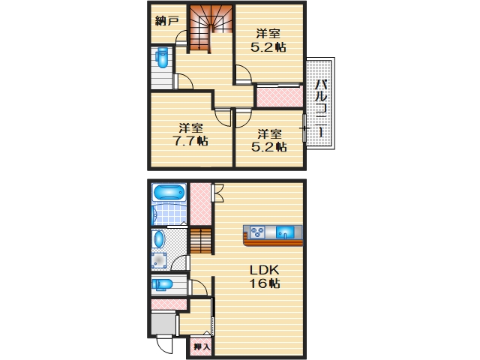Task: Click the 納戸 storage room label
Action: (x=166, y=21)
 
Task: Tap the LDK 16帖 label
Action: (x=265, y=277)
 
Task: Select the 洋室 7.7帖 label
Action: (x=190, y=134)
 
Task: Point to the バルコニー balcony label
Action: (x=321, y=107)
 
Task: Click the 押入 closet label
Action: (x=202, y=346)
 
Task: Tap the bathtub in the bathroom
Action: (x=169, y=193)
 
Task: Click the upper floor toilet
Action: (x=162, y=58)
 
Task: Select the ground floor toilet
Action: (x=162, y=284)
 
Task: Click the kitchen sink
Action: (x=285, y=232)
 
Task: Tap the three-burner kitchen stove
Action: (x=257, y=232)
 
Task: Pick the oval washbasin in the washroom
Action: (x=158, y=239)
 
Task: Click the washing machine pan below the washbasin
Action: (x=159, y=261)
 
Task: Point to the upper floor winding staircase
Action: (x=211, y=28)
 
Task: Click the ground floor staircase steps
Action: (x=201, y=241)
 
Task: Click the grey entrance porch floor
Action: (x=163, y=324)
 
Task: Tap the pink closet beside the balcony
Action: (x=279, y=97)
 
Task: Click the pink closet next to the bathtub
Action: (x=200, y=203)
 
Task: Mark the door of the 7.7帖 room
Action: (x=223, y=117)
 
